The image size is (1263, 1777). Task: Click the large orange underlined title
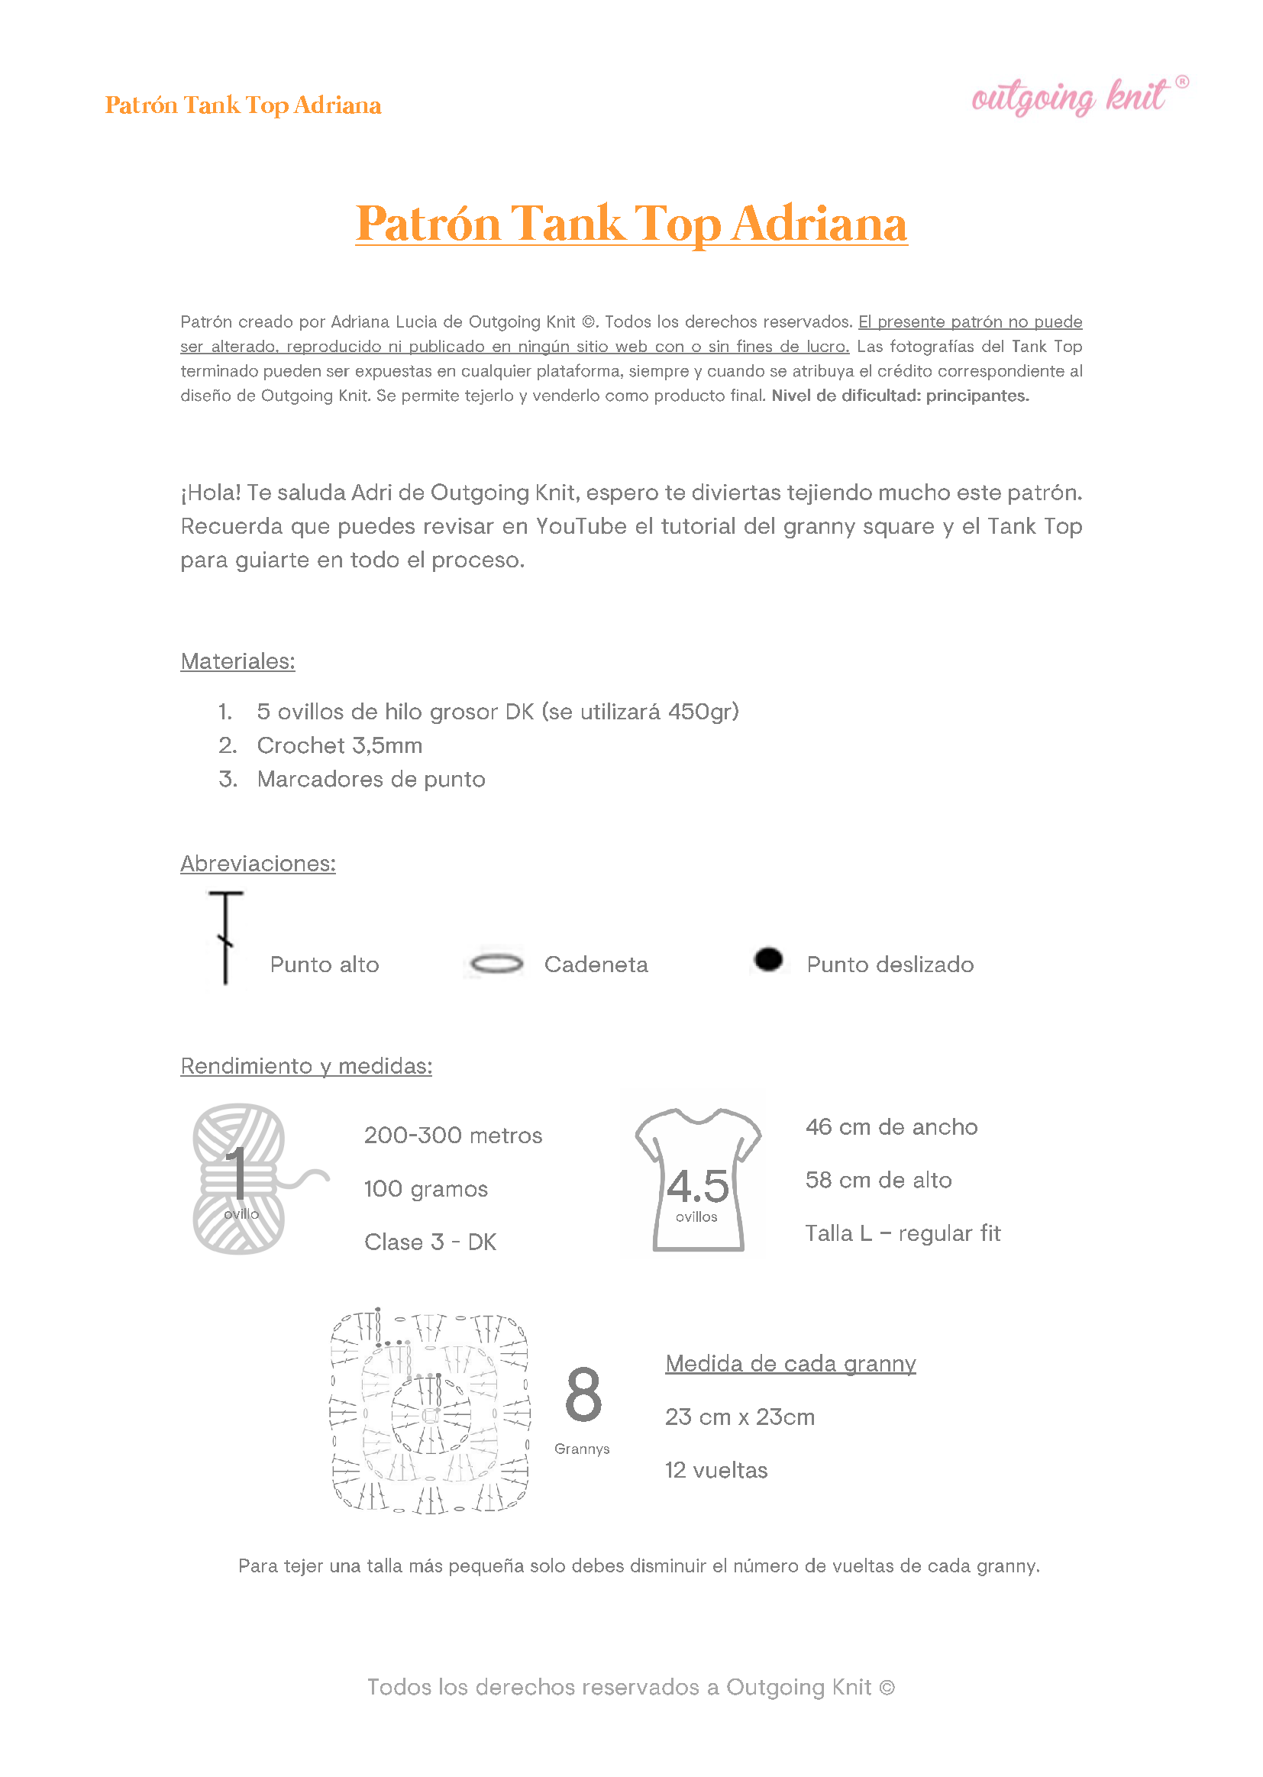[x=631, y=224]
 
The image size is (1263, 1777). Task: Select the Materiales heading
[x=237, y=662]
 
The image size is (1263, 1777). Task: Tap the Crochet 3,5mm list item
[x=339, y=746]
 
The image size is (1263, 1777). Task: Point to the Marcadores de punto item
[x=371, y=779]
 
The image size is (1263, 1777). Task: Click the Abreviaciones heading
[x=257, y=864]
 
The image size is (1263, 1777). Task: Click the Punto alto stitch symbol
[x=225, y=937]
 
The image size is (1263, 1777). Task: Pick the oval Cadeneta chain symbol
[x=497, y=964]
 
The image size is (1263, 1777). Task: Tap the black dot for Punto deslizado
[x=768, y=960]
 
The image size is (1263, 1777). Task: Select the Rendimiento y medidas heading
[x=305, y=1066]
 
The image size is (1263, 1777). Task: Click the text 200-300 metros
[x=453, y=1136]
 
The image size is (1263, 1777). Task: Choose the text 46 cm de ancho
[x=891, y=1128]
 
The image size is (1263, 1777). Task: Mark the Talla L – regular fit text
[x=902, y=1234]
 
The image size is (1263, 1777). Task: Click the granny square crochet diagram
[x=430, y=1411]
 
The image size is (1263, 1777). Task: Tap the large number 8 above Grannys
[x=583, y=1395]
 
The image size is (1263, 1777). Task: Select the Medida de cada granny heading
[x=790, y=1364]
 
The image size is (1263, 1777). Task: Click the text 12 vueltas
[x=715, y=1471]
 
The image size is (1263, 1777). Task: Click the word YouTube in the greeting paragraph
[x=580, y=527]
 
